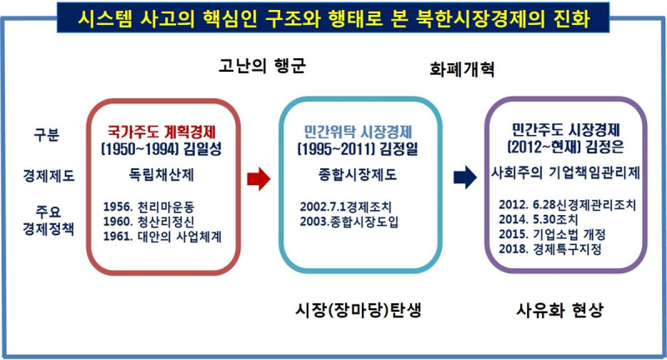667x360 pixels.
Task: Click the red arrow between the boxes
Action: pos(258,178)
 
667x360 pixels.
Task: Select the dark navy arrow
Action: pos(465,177)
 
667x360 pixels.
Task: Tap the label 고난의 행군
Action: pos(262,66)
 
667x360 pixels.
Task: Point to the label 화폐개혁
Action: pos(462,69)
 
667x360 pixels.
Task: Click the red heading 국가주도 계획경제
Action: pos(162,132)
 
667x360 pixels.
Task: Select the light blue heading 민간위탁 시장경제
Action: pos(358,132)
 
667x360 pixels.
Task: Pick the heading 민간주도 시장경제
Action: pos(565,130)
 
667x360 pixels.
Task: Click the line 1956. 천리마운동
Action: pos(148,207)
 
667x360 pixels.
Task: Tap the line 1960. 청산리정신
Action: pos(148,222)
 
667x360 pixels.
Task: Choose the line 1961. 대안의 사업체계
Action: pos(162,237)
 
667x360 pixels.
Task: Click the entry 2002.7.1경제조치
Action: pos(345,207)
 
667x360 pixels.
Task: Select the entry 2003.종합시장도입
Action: pos(349,222)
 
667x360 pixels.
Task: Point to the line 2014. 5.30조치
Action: pos(538,219)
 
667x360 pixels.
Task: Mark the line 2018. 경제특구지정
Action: pos(550,248)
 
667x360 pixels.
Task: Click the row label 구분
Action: pos(47,134)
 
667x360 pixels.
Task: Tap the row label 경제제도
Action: pos(48,176)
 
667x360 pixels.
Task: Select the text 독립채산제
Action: pos(161,175)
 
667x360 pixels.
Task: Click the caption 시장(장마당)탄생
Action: pos(359,310)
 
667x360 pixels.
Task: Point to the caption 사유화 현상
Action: pos(559,310)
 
